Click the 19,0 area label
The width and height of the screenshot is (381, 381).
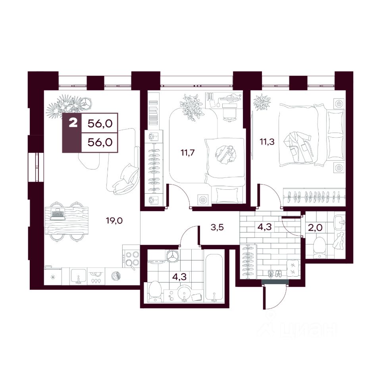pyautogui.click(x=114, y=221)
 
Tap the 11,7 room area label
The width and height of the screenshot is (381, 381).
pyautogui.click(x=187, y=153)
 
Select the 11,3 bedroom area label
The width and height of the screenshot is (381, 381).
pyautogui.click(x=267, y=141)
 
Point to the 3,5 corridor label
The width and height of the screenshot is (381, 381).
pyautogui.click(x=217, y=228)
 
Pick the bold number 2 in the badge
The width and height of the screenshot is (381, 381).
pyautogui.click(x=73, y=123)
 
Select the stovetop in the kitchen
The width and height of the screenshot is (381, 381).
pyautogui.click(x=131, y=258)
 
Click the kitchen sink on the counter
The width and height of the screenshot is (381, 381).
pyautogui.click(x=79, y=276)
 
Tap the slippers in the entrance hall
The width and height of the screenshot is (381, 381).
pyautogui.click(x=275, y=273)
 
